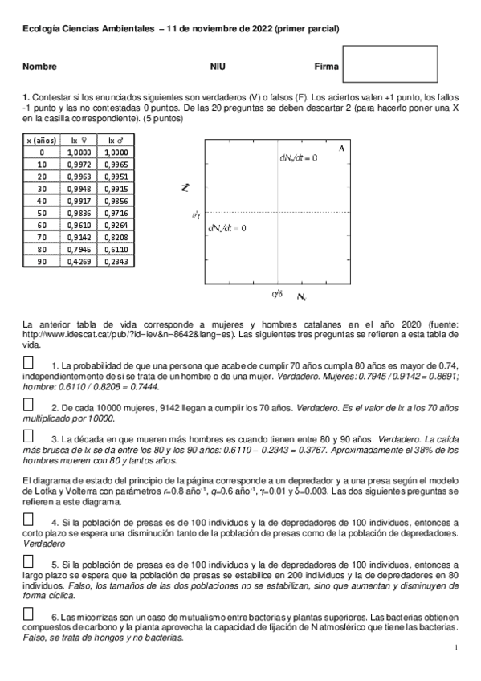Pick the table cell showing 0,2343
pos(116,261)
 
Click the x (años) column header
pos(43,140)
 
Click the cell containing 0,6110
pos(116,249)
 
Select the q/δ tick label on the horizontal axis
pos(279,294)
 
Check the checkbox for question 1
pos(29,363)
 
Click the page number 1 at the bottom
pos(455,647)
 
